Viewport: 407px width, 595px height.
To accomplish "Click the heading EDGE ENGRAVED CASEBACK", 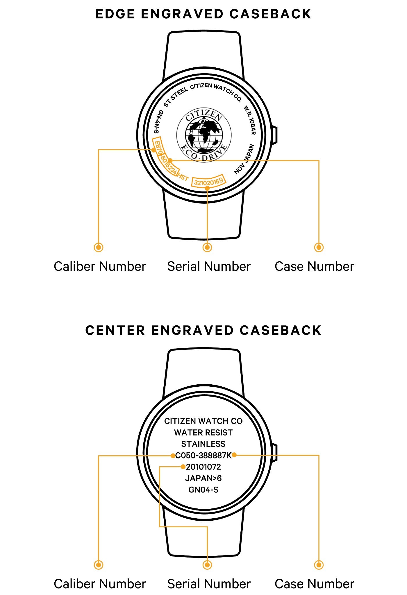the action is pyautogui.click(x=203, y=14).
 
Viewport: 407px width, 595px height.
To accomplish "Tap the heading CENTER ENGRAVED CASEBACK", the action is pyautogui.click(x=203, y=330).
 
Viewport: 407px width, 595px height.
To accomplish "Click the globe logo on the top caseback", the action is pyautogui.click(x=204, y=135).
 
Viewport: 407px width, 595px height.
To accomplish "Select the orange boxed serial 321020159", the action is pyautogui.click(x=208, y=182).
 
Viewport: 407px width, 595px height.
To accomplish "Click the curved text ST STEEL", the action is pyautogui.click(x=176, y=97).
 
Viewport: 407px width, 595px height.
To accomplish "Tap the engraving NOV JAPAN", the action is pyautogui.click(x=244, y=159).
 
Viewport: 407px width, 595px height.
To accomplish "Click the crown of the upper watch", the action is pyautogui.click(x=274, y=135).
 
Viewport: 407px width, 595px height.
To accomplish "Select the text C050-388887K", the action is pyautogui.click(x=203, y=455).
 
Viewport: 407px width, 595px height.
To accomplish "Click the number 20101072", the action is pyautogui.click(x=203, y=467).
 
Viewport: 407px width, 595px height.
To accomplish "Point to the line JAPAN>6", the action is pyautogui.click(x=203, y=478).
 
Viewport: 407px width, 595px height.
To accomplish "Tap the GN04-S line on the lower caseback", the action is pyautogui.click(x=203, y=490).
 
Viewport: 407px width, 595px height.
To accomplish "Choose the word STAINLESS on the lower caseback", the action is pyautogui.click(x=203, y=444).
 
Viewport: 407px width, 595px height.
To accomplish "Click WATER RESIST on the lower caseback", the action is pyautogui.click(x=203, y=433).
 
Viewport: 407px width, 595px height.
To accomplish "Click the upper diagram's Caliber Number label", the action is pyautogui.click(x=100, y=266).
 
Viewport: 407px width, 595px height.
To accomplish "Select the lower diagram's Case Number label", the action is pyautogui.click(x=314, y=584).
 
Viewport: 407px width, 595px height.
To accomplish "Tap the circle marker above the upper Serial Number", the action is pyautogui.click(x=207, y=248).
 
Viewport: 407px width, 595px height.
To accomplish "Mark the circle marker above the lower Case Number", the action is pyautogui.click(x=319, y=565).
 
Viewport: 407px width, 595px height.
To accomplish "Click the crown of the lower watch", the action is pyautogui.click(x=274, y=453).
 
